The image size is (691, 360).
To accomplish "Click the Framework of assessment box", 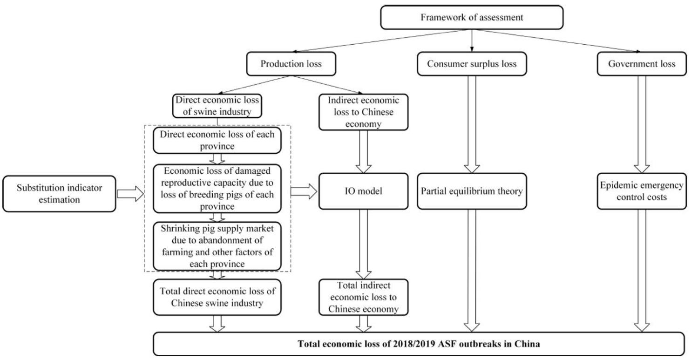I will [472, 18].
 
